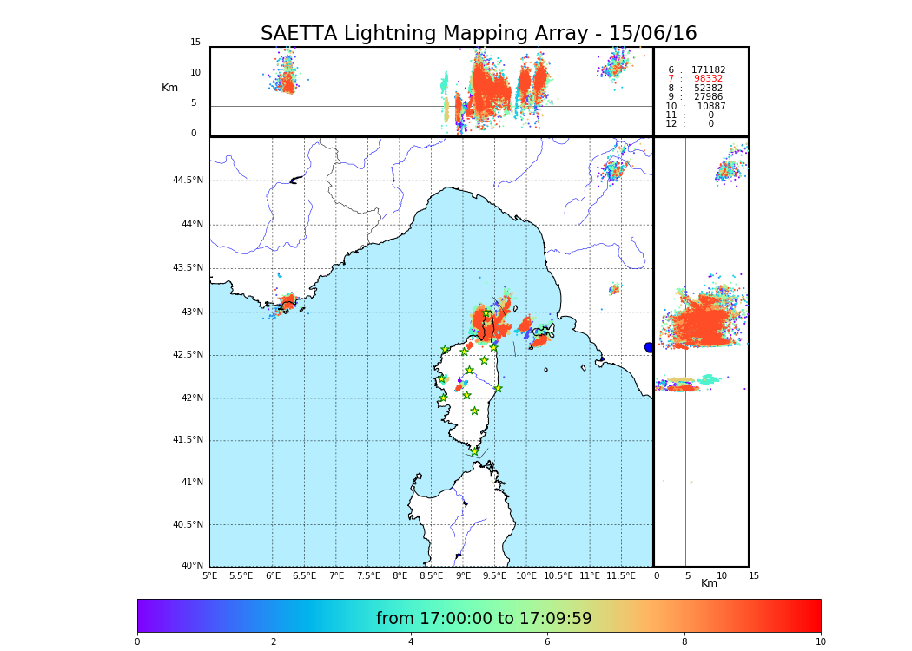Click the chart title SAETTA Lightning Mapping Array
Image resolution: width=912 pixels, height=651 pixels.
click(x=479, y=34)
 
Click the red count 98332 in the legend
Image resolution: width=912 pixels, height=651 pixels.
click(x=708, y=79)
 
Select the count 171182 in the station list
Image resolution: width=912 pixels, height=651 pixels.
click(x=708, y=70)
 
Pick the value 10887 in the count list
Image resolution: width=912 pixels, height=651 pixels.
click(x=710, y=106)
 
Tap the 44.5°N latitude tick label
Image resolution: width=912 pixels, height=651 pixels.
click(x=188, y=181)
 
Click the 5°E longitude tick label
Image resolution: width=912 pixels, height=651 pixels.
click(x=209, y=575)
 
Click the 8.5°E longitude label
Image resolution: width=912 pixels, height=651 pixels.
click(x=431, y=575)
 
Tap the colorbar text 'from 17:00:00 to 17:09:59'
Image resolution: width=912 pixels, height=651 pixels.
click(x=484, y=619)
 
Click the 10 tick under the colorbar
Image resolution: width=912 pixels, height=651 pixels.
click(x=820, y=642)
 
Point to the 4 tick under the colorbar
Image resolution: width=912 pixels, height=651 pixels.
click(x=411, y=642)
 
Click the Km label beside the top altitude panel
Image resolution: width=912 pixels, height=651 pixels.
click(x=169, y=88)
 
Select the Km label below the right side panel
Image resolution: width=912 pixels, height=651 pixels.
click(x=709, y=583)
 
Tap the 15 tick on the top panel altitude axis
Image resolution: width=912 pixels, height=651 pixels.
click(x=195, y=43)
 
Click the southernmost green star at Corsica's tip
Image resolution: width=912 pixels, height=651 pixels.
click(x=474, y=451)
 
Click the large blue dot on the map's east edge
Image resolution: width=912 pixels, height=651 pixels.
click(x=649, y=347)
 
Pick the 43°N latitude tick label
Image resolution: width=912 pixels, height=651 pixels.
click(x=190, y=312)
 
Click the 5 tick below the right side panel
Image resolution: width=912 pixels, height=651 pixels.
click(x=688, y=575)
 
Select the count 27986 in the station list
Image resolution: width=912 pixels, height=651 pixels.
click(x=708, y=97)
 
